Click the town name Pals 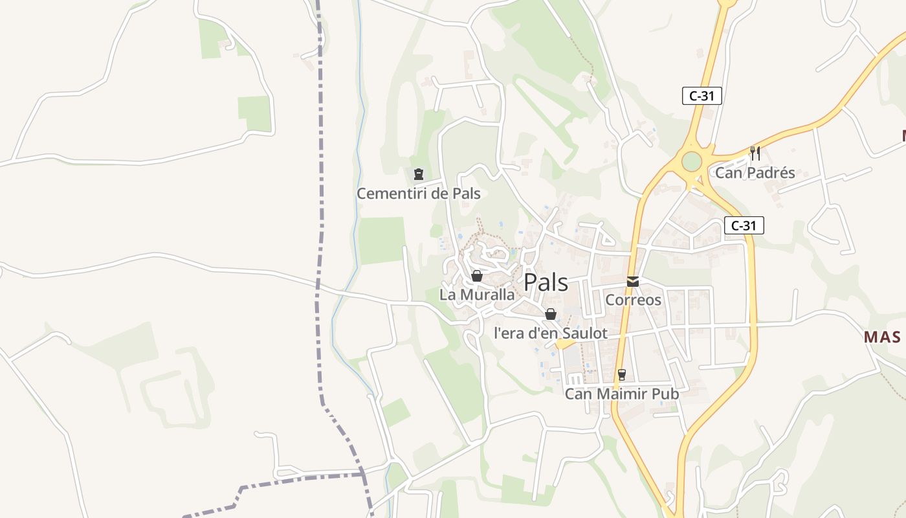(x=546, y=283)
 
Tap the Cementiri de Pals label (x=419, y=194)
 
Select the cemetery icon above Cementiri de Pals (x=419, y=174)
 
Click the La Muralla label (x=477, y=295)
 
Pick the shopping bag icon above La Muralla (x=477, y=276)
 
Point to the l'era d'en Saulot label (x=550, y=333)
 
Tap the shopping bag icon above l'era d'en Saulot (x=551, y=314)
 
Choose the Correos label (x=633, y=300)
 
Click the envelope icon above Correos (x=633, y=282)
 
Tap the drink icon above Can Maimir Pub (x=622, y=374)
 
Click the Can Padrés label (x=755, y=173)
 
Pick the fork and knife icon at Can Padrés (x=755, y=153)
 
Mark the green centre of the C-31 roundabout (x=692, y=161)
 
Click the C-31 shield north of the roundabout (x=702, y=96)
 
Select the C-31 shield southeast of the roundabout (x=744, y=225)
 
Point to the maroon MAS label (x=883, y=337)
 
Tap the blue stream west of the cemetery (x=358, y=162)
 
